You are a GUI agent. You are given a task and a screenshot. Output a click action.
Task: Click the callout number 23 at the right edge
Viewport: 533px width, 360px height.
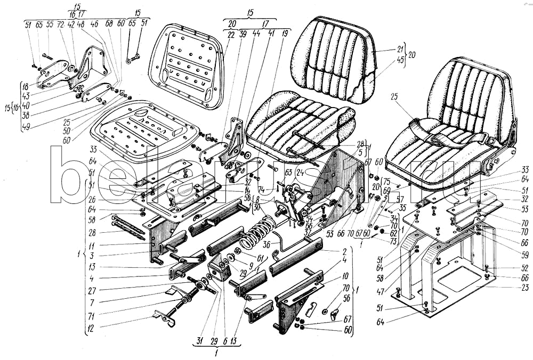(525, 288)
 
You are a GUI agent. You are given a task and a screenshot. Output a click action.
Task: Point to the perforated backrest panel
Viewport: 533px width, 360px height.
(186, 67)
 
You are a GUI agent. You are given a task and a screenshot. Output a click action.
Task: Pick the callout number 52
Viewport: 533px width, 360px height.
(525, 268)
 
